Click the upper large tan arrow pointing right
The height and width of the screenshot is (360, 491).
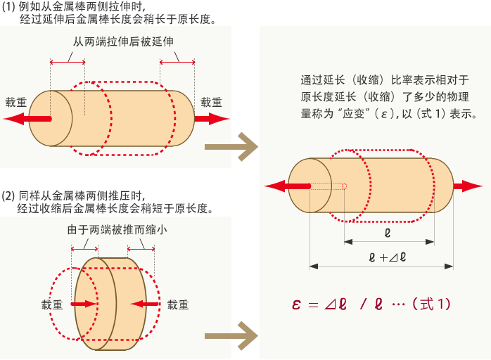click(x=231, y=147)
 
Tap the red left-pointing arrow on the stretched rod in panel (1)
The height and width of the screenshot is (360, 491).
click(x=32, y=119)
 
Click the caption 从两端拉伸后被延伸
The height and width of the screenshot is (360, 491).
click(x=123, y=41)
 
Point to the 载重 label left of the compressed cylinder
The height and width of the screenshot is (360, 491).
click(x=52, y=305)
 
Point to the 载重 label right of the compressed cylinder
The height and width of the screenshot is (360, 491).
click(x=178, y=305)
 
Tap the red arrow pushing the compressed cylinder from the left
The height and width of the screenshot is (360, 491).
click(x=84, y=304)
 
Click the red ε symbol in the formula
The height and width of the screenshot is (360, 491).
click(x=296, y=305)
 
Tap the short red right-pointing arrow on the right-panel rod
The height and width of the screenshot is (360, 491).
click(x=467, y=186)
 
